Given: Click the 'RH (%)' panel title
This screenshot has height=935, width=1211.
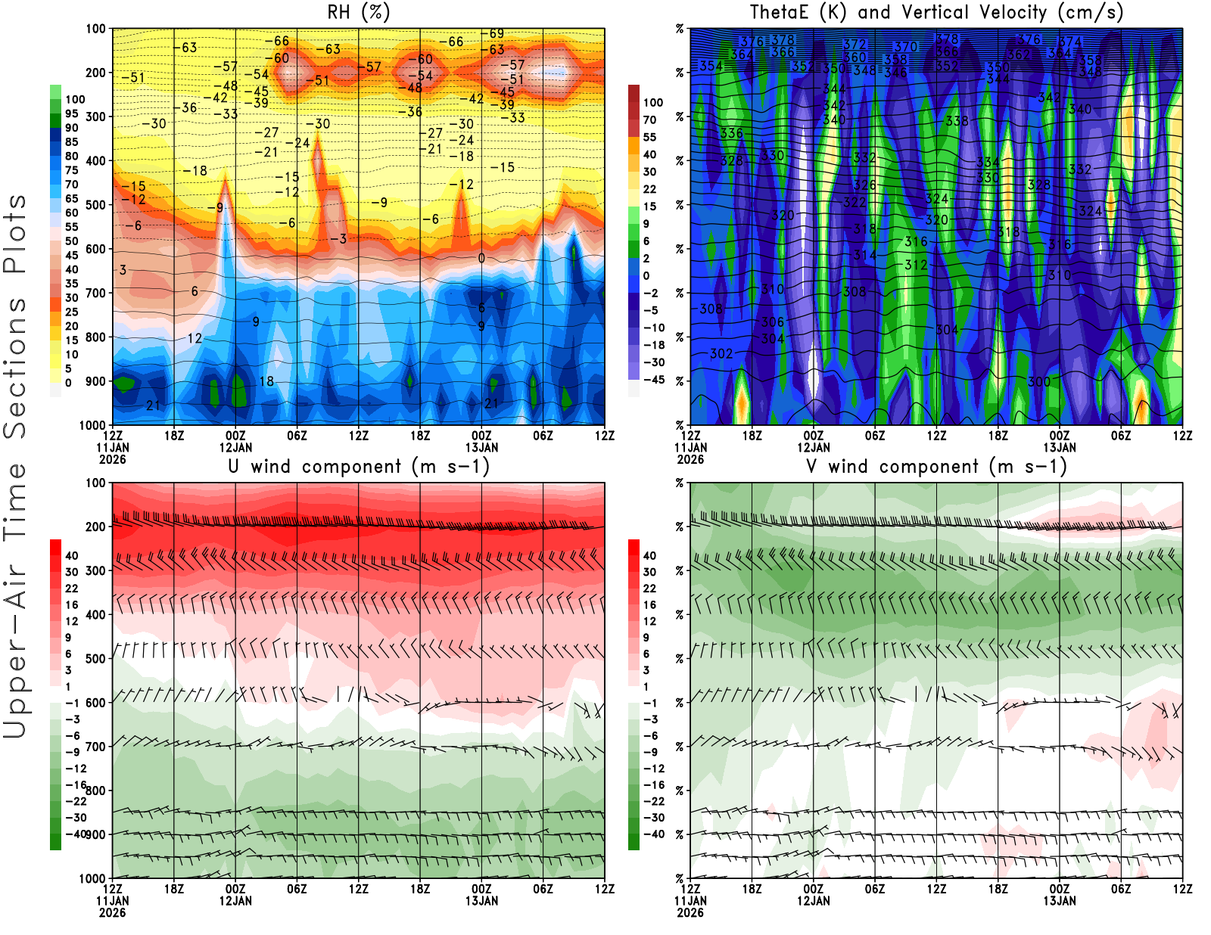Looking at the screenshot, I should point(358,13).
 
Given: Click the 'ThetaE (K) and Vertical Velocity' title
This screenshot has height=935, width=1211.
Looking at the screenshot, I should point(936,13).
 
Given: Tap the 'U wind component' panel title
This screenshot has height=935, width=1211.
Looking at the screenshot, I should point(359,467).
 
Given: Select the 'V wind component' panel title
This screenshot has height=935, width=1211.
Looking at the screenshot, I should point(936,467).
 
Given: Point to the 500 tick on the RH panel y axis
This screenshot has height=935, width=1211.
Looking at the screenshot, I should point(95,205).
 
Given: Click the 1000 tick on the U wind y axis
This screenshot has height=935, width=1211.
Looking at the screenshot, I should point(92,878).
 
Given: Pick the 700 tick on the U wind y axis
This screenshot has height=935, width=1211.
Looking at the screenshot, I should point(95,747).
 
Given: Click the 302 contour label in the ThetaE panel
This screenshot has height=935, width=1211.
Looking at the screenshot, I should point(721,354).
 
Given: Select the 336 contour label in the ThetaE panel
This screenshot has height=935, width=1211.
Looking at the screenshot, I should point(731,134).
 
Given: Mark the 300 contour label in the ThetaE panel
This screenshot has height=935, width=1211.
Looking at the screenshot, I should point(1039,382).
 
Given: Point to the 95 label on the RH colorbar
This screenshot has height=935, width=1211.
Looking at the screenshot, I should point(71,113).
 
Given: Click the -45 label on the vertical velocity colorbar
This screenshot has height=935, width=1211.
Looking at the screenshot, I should point(654,380).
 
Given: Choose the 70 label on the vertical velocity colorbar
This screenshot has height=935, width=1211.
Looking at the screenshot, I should point(649,120).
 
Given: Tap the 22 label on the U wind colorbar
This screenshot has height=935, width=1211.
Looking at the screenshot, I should point(71,589).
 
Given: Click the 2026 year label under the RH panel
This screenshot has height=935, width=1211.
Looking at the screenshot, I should point(112,459).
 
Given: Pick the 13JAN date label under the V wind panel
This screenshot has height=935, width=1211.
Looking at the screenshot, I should point(1060,901).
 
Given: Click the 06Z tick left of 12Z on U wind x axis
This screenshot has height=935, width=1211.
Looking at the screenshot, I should point(297,889).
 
